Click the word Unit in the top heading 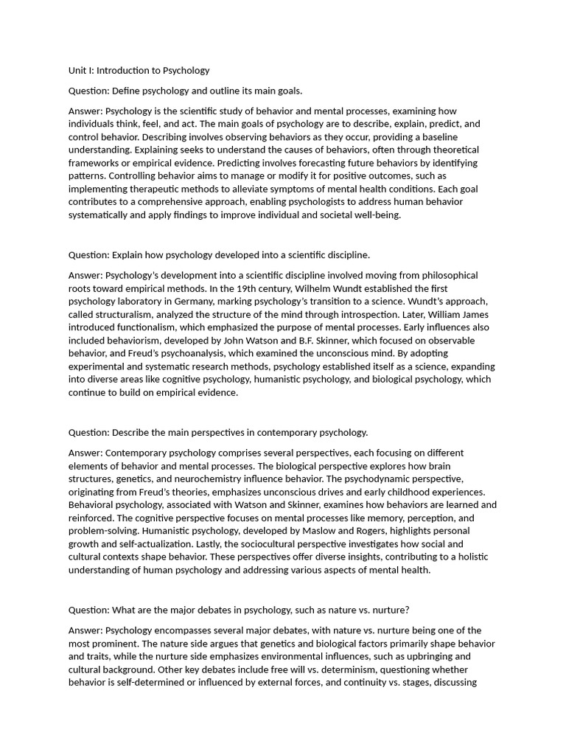point(77,71)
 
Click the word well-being point(377,215)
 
